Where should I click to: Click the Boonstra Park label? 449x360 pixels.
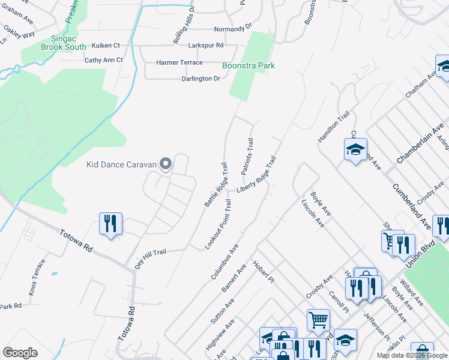(x=248, y=65)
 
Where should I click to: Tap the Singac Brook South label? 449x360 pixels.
(x=64, y=43)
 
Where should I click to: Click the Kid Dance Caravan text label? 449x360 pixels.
(x=121, y=164)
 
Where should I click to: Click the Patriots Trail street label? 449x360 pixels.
(x=247, y=157)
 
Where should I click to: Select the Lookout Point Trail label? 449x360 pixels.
(x=218, y=225)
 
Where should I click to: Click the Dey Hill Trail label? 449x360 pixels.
(x=150, y=259)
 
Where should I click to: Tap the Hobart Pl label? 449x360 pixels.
(x=263, y=273)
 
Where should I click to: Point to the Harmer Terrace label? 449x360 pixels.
(x=179, y=62)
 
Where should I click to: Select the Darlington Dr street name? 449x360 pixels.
(x=200, y=79)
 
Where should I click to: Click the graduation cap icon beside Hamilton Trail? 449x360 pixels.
(x=355, y=149)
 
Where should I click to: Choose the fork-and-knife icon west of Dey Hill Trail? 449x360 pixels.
(x=110, y=224)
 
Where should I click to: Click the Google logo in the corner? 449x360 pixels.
(x=20, y=353)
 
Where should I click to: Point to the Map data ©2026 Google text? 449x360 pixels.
(x=412, y=356)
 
